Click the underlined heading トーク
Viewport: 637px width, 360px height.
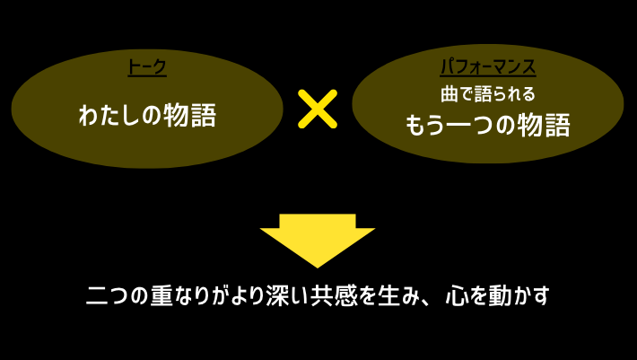pyautogui.click(x=148, y=68)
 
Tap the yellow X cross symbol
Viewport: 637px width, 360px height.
pyautogui.click(x=317, y=110)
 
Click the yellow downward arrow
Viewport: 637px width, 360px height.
pyautogui.click(x=317, y=238)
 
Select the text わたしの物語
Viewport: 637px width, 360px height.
pyautogui.click(x=148, y=116)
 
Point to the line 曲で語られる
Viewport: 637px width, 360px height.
pyautogui.click(x=487, y=92)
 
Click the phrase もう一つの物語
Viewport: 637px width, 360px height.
pyautogui.click(x=487, y=125)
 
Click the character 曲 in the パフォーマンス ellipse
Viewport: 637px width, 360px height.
pyautogui.click(x=449, y=92)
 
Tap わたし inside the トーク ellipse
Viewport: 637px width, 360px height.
pyautogui.click(x=109, y=116)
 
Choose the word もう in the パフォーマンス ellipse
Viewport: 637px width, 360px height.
pyautogui.click(x=427, y=125)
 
